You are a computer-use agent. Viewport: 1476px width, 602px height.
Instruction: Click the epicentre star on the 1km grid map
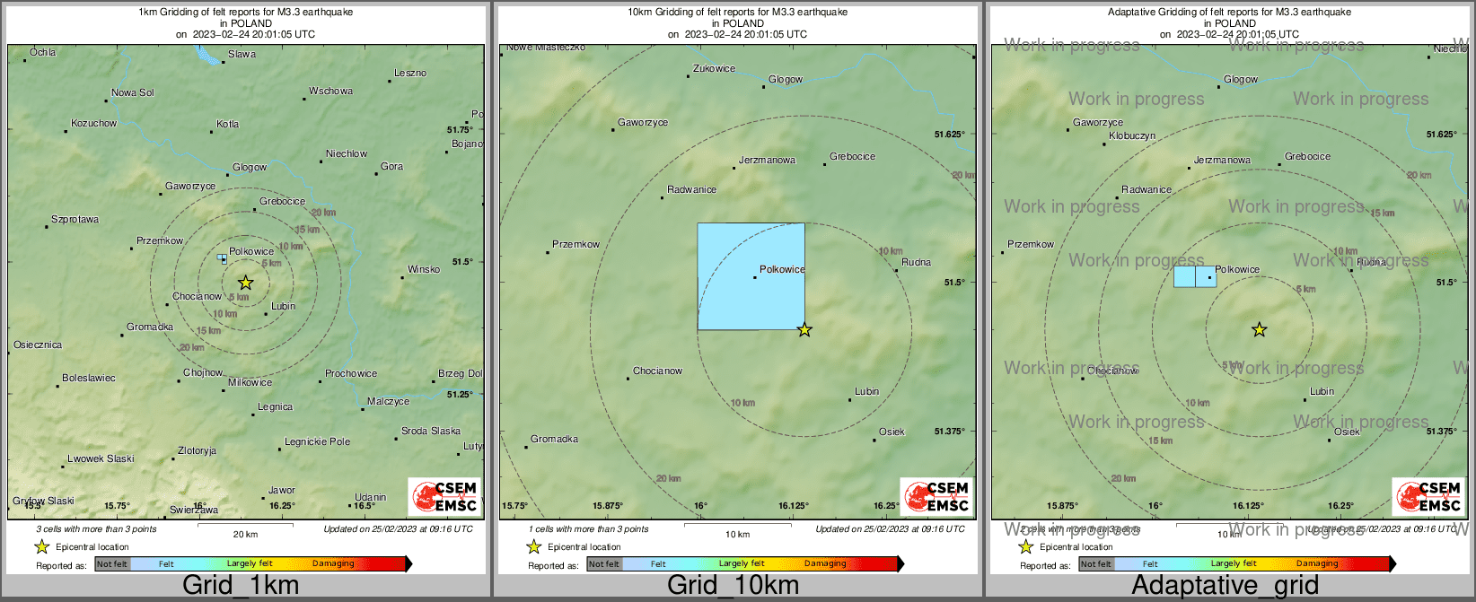point(245,283)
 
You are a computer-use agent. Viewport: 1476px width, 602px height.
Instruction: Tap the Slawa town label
point(242,54)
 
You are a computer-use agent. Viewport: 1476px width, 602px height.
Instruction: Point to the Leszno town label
point(410,73)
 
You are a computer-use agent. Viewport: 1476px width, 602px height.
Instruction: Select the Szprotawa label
point(75,219)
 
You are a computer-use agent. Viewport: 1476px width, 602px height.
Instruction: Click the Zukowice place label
point(714,68)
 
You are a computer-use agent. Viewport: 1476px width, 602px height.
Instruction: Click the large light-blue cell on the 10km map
point(751,276)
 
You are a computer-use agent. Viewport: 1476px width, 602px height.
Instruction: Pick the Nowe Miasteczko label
point(546,48)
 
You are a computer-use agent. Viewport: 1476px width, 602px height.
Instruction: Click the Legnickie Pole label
point(317,441)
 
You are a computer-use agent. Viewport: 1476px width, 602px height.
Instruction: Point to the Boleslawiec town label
point(88,378)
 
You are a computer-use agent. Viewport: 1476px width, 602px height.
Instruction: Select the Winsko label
point(424,269)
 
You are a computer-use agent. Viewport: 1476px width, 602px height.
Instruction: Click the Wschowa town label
point(330,91)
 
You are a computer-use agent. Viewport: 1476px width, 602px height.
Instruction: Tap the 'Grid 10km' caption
point(733,586)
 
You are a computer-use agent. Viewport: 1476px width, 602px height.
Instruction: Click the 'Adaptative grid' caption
point(1225,586)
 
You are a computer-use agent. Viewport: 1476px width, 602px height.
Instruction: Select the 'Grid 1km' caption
point(241,586)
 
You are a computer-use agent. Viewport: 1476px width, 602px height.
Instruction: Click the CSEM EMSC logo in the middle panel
point(936,496)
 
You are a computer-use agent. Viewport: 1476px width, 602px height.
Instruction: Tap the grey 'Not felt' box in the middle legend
point(604,563)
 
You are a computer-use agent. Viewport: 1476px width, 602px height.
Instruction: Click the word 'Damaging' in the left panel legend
point(333,563)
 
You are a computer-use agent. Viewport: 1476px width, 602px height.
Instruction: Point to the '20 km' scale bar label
point(245,534)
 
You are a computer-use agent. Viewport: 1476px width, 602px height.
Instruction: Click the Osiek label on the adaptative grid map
point(1347,432)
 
